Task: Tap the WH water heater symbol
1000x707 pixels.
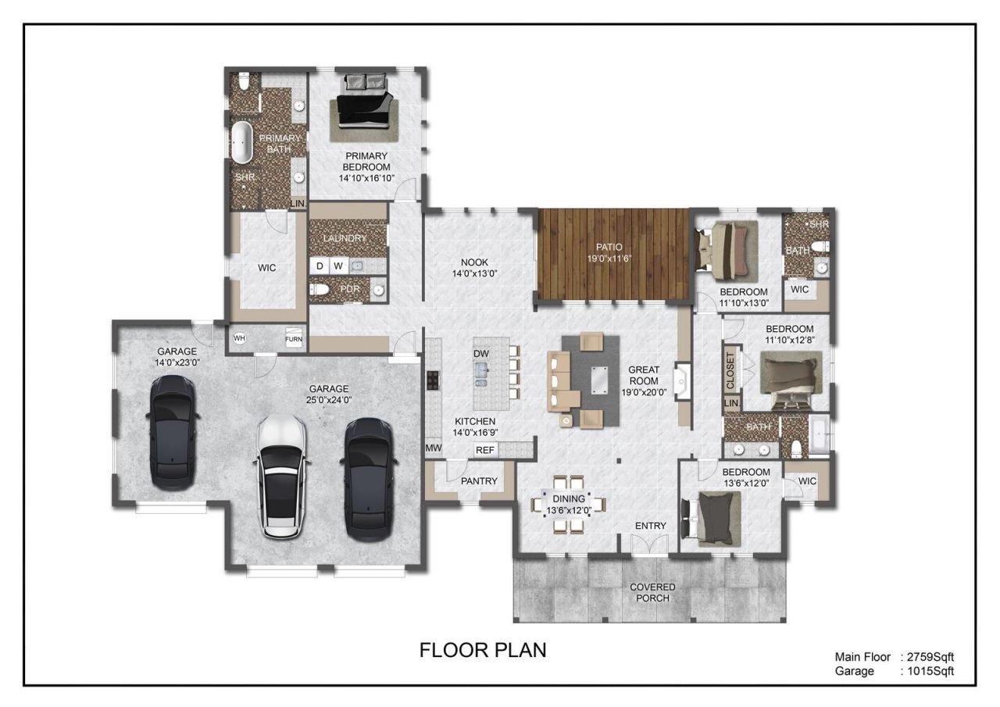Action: [239, 338]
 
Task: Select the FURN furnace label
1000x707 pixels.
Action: [293, 339]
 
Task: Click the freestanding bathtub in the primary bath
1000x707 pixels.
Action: [241, 141]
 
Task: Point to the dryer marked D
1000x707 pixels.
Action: [320, 266]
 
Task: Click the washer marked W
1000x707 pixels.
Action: [338, 266]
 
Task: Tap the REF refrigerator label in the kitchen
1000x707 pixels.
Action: [485, 450]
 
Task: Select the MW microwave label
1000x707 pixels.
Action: [433, 448]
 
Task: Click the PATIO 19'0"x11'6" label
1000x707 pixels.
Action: [609, 252]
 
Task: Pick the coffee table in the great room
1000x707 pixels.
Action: [599, 380]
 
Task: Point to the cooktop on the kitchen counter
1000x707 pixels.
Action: [433, 380]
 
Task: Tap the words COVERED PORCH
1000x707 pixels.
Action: [652, 592]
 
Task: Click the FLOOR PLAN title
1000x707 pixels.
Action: [483, 650]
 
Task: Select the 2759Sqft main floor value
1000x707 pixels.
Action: [930, 656]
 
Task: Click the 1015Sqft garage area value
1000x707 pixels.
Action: [930, 671]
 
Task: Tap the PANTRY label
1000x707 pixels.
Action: [479, 480]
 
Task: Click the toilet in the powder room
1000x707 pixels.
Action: [320, 290]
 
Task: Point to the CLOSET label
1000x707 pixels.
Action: [730, 370]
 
